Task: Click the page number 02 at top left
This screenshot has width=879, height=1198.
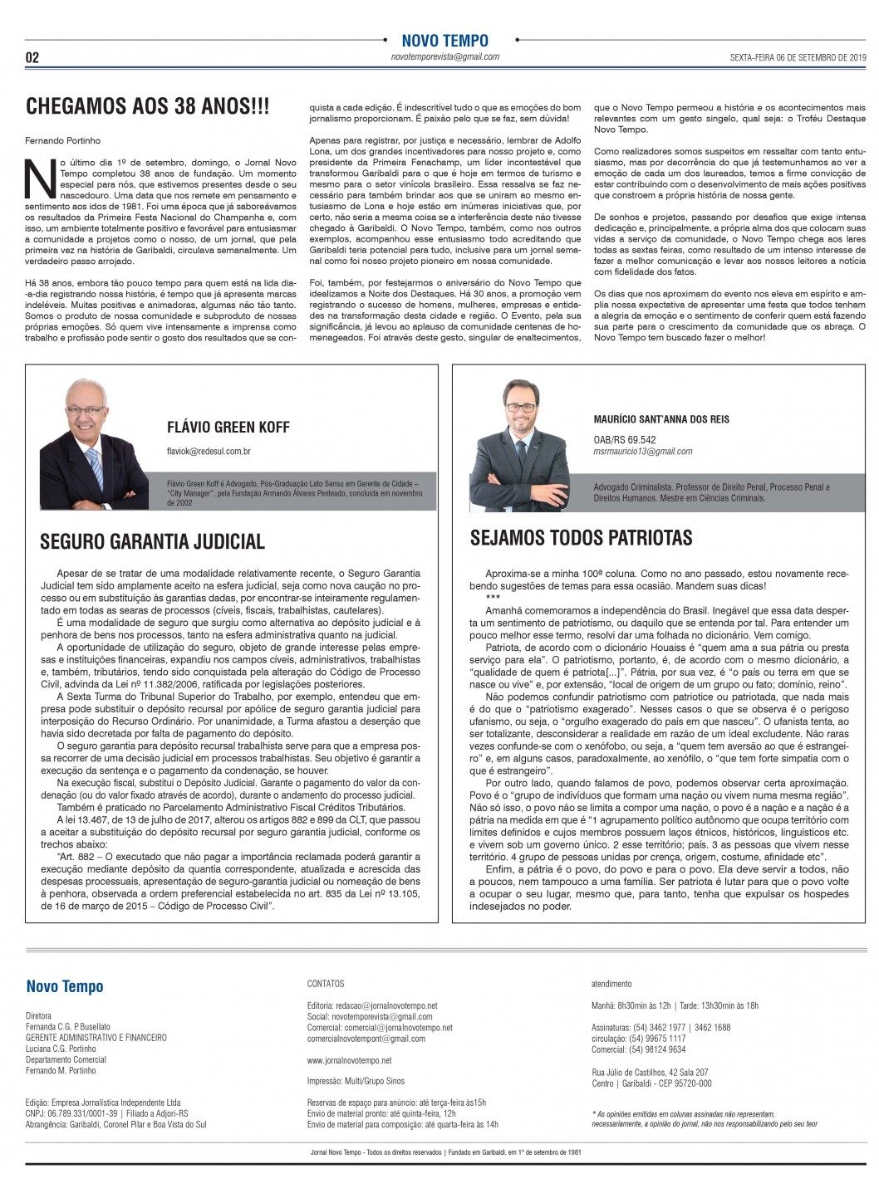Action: point(32,57)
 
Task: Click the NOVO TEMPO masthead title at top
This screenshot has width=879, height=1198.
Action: point(444,40)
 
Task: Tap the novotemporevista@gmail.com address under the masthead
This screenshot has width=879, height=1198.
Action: point(444,57)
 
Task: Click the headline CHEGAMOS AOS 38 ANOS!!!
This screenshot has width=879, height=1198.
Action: point(148,106)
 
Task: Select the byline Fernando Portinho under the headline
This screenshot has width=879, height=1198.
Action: point(63,141)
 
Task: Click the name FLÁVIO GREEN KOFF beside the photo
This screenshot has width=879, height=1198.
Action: point(228,427)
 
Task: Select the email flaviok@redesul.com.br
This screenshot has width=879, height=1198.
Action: point(209,451)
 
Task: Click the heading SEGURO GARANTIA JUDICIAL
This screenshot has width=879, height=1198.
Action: point(153,542)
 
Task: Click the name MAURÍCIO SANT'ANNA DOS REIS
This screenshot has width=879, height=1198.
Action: point(661,419)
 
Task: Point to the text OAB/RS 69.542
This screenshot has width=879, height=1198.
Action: point(625,440)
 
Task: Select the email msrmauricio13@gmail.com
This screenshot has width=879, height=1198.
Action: point(643,452)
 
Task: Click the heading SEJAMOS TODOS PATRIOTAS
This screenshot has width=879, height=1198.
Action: point(581,538)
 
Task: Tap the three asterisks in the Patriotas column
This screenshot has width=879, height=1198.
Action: point(493,598)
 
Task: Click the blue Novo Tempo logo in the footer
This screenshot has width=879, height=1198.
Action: point(65,986)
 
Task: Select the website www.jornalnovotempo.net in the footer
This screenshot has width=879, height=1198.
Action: point(349,1060)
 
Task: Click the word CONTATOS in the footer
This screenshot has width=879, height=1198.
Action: point(326,984)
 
